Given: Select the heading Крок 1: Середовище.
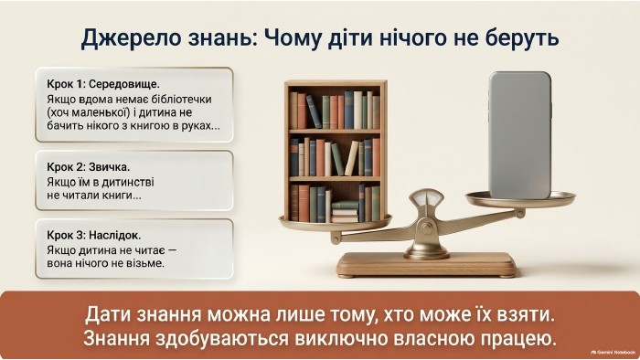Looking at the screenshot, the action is pyautogui.click(x=103, y=84).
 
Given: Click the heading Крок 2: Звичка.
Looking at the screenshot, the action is pyautogui.click(x=89, y=167).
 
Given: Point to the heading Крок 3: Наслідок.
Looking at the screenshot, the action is pyautogui.click(x=94, y=236).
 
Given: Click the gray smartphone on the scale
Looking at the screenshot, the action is pyautogui.click(x=520, y=135).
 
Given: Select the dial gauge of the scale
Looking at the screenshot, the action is pyautogui.click(x=427, y=198).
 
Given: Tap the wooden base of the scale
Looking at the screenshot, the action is pyautogui.click(x=427, y=264).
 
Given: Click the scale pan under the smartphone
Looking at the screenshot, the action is pyautogui.click(x=520, y=200).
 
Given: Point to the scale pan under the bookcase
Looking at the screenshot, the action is pyautogui.click(x=336, y=224).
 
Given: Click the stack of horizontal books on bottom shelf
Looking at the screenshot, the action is pyautogui.click(x=345, y=212).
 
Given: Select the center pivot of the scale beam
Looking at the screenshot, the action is pyautogui.click(x=427, y=228).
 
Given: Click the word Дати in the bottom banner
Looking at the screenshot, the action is pyautogui.click(x=107, y=314).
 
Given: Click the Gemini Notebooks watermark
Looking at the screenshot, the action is pyautogui.click(x=613, y=353).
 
